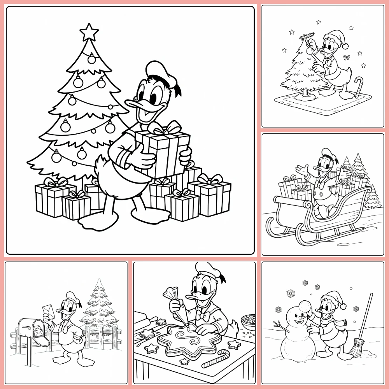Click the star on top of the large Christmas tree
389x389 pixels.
89,32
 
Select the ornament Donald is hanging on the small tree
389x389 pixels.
310,50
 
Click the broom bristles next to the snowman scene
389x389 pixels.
355,348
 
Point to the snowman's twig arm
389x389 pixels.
279,325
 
